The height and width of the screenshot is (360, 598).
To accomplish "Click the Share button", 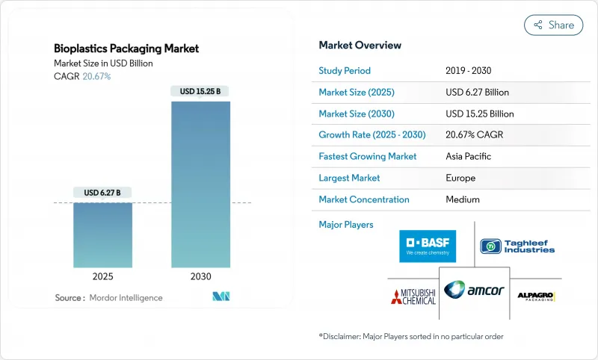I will [x=554, y=25].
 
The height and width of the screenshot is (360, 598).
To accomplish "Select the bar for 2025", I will [x=102, y=235].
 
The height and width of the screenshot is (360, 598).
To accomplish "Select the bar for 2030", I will [x=200, y=184].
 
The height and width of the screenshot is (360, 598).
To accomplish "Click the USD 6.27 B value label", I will [x=102, y=193].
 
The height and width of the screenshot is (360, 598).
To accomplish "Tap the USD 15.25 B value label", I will [x=200, y=91].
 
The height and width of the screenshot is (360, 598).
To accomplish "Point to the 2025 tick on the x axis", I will [x=102, y=276].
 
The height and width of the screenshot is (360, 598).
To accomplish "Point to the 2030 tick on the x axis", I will [x=200, y=276].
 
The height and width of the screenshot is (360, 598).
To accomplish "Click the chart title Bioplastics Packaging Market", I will [x=126, y=49].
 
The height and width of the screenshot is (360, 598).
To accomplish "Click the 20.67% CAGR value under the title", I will [x=96, y=76].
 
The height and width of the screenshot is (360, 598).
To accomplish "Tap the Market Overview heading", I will [x=360, y=46].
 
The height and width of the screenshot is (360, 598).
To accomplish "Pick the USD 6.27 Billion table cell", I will [x=477, y=93].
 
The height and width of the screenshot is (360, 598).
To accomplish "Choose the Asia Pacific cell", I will [x=469, y=157].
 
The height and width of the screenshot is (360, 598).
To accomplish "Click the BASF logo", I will [x=427, y=246].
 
